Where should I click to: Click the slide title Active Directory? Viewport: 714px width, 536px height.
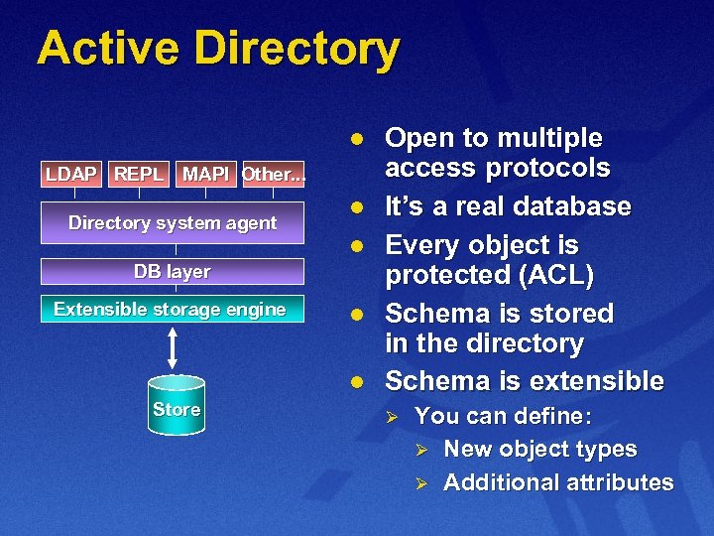pos(218,48)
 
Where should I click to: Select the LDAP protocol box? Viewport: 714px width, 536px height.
pos(72,175)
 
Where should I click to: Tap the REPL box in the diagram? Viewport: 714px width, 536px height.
pos(140,175)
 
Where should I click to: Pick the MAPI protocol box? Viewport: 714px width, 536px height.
pos(206,175)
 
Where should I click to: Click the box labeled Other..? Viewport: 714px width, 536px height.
pos(273,175)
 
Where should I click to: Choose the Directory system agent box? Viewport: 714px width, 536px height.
pos(173,223)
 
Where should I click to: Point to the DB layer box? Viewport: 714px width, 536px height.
pos(173,271)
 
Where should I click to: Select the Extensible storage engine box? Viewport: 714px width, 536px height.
pos(171,310)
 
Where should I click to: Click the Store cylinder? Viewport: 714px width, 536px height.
pos(176,407)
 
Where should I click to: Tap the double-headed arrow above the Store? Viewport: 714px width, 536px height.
pos(174,346)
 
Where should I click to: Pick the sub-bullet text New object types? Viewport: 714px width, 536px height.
pos(540,449)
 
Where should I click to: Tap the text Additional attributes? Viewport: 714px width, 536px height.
pos(558,482)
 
